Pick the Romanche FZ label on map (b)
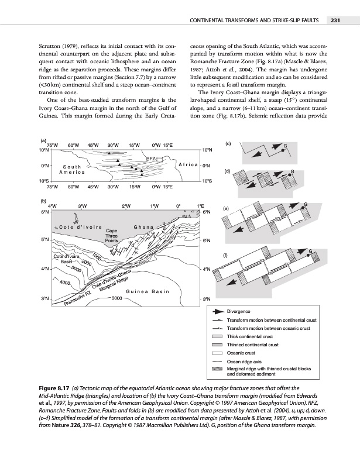(x=77, y=298)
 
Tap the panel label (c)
(x=229, y=144)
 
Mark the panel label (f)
(x=228, y=254)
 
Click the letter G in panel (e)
(x=306, y=203)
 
